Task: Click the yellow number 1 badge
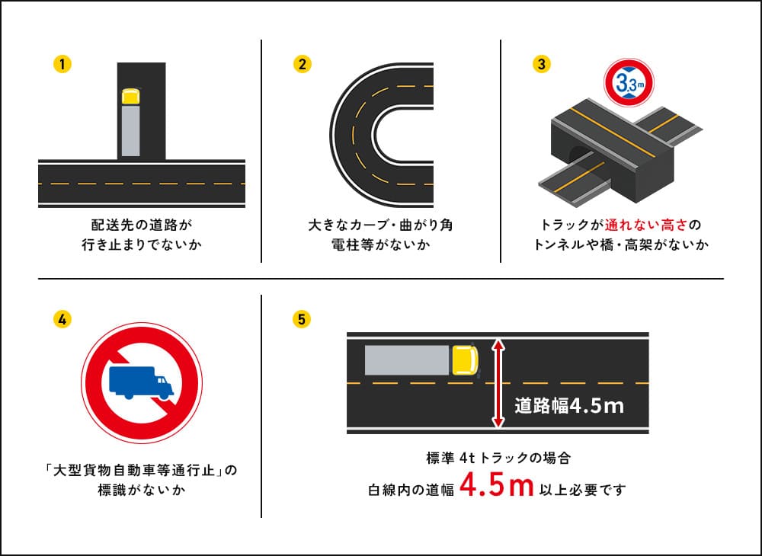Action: point(63,64)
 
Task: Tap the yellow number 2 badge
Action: point(303,64)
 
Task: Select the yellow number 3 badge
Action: point(541,64)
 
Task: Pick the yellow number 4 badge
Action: point(63,319)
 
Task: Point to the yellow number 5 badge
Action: point(303,319)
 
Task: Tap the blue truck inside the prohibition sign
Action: point(141,382)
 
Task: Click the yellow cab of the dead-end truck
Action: point(131,97)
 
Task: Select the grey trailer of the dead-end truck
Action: point(131,131)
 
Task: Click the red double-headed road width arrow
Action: point(498,383)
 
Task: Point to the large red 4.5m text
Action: point(496,487)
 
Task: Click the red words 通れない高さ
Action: point(645,225)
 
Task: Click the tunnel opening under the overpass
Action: point(576,154)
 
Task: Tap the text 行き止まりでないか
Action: point(142,245)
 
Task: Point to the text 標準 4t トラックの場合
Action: point(498,459)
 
